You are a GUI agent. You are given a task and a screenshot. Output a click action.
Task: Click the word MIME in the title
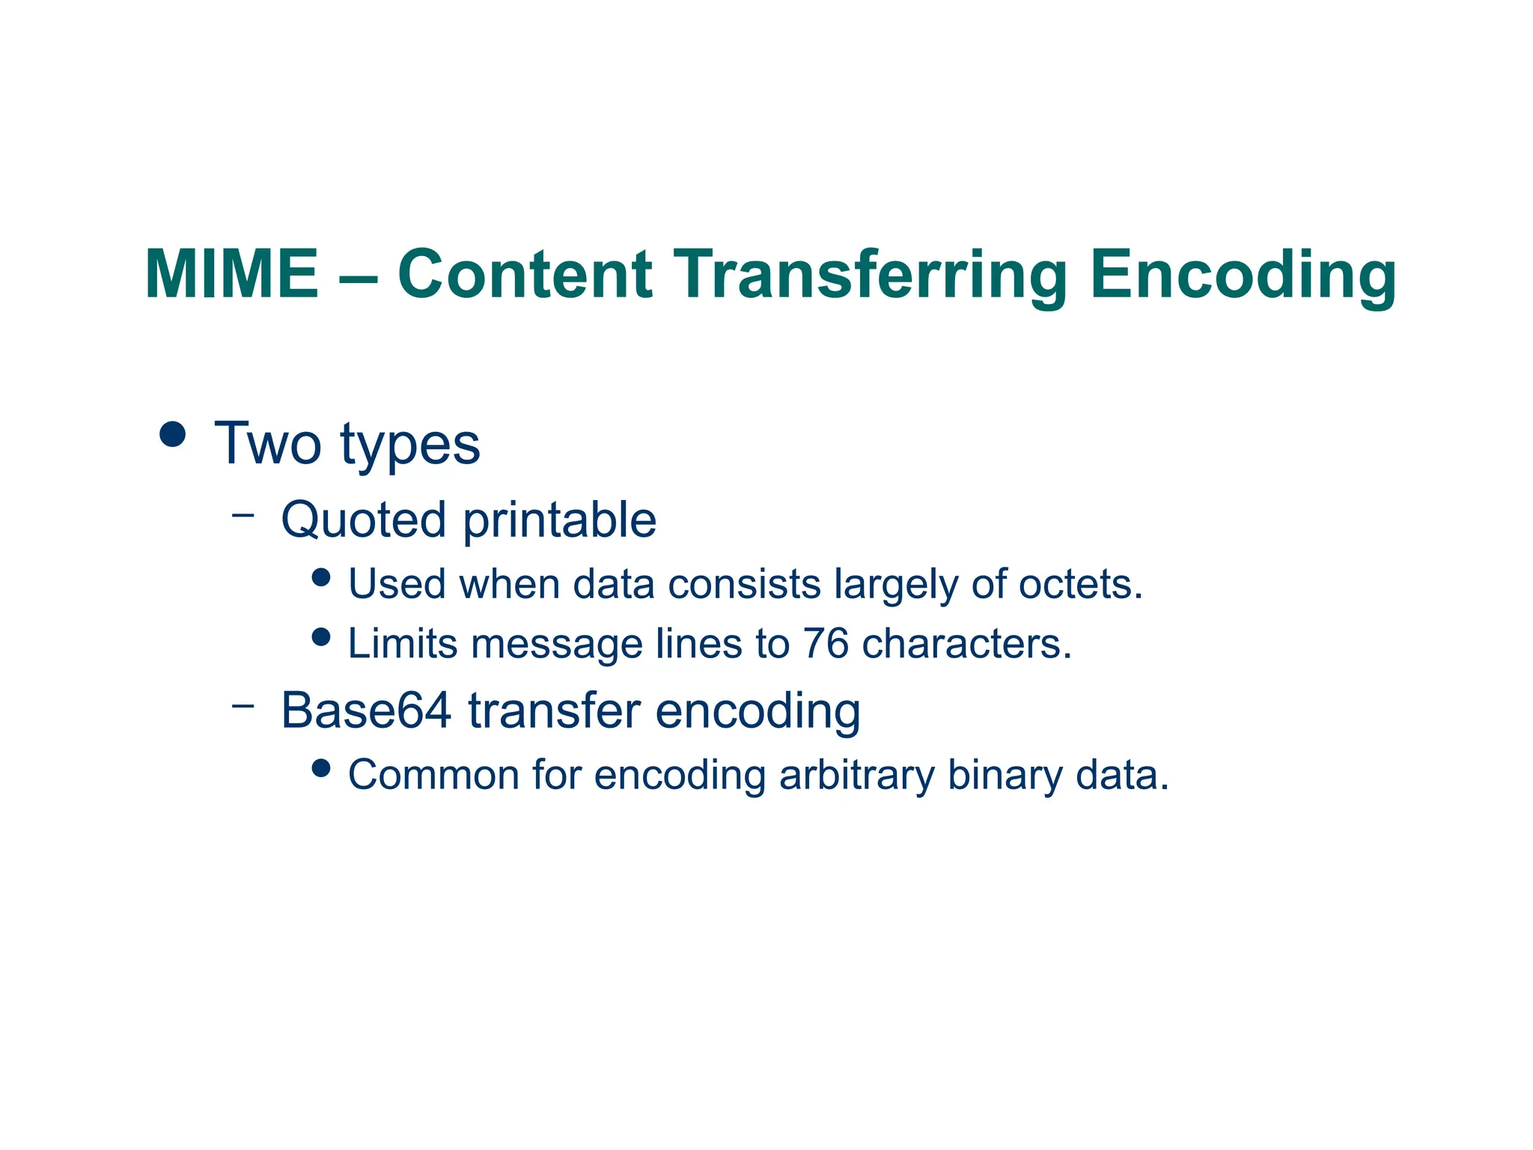click(x=231, y=274)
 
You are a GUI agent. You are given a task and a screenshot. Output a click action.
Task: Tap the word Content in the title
click(x=525, y=274)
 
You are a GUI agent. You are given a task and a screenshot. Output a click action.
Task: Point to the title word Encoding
click(x=1243, y=276)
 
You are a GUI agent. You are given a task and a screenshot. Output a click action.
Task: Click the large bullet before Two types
click(x=173, y=434)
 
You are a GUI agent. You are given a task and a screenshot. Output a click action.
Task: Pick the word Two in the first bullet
click(x=269, y=443)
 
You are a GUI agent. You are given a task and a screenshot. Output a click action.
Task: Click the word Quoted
click(x=363, y=520)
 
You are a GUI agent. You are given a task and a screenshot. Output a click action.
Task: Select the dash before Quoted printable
click(x=243, y=515)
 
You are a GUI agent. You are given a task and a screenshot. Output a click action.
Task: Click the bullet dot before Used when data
click(x=321, y=577)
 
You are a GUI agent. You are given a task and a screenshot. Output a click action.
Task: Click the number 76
click(x=826, y=643)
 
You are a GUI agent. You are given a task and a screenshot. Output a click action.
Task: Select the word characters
click(x=966, y=643)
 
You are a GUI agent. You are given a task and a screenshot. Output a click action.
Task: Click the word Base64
click(x=366, y=710)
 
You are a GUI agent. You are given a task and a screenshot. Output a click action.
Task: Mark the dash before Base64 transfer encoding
click(x=243, y=705)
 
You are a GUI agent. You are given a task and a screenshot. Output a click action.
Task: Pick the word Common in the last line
click(x=433, y=775)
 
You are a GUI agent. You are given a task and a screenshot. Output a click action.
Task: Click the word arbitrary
click(x=856, y=776)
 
